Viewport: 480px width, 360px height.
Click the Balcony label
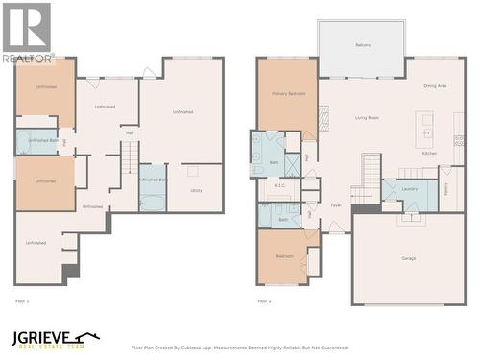coord(363,45)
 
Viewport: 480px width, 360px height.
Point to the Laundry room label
coord(409,190)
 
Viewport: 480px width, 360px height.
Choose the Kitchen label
coord(430,153)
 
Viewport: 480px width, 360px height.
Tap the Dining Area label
coord(435,86)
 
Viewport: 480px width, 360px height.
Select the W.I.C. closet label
coord(279,186)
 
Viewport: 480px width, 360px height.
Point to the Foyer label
coord(336,205)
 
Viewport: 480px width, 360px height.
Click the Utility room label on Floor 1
coord(196,190)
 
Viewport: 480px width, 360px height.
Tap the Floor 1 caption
coord(22,301)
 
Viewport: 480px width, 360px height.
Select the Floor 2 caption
coord(264,301)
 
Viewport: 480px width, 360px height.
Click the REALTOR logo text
coord(28,59)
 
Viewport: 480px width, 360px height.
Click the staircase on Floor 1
coord(130,157)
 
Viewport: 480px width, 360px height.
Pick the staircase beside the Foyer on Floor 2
coord(370,175)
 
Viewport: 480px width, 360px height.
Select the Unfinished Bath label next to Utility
coord(154,180)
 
